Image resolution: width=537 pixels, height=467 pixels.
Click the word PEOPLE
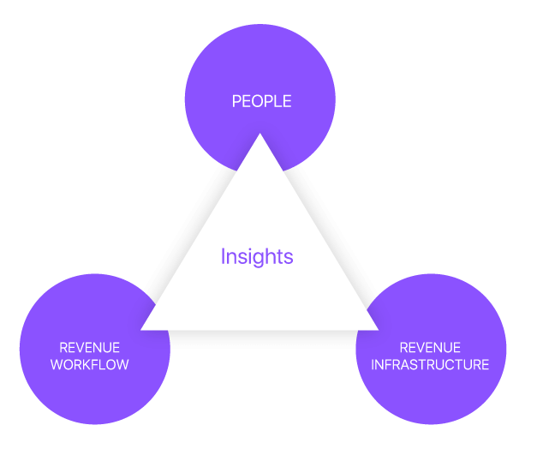tap(261, 102)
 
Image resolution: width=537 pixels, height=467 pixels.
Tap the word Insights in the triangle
tap(257, 256)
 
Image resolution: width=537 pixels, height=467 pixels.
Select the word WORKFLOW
tap(89, 364)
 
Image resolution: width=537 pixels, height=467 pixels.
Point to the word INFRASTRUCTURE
tap(431, 364)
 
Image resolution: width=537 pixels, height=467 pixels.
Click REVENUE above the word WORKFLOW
tap(89, 348)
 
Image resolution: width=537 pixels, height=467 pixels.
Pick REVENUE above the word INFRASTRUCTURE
tap(430, 348)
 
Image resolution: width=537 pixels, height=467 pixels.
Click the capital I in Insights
tap(223, 256)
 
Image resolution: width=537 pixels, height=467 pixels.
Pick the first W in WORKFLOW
tap(57, 364)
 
